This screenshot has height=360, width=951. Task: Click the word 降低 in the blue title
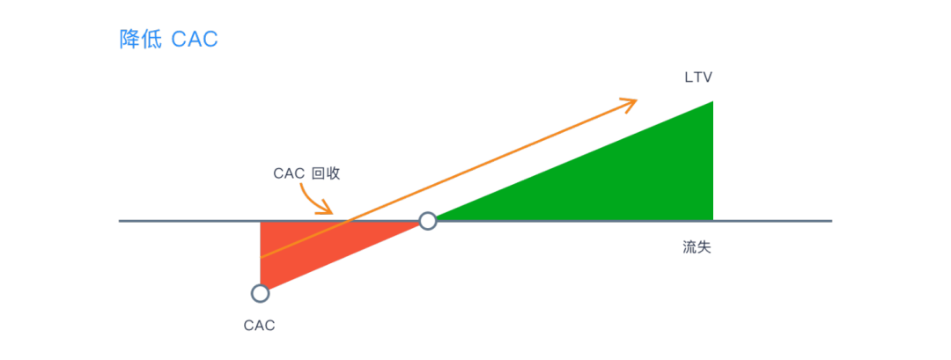tap(140, 40)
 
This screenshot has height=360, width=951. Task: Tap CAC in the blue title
tap(195, 40)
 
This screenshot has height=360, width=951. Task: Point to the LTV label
tap(698, 77)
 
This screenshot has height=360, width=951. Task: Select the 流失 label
tap(697, 247)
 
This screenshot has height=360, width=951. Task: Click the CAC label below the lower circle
tap(259, 326)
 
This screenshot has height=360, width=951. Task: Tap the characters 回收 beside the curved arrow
tap(325, 173)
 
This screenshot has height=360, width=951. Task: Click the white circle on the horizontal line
tap(427, 221)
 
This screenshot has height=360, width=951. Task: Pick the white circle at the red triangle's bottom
tap(260, 293)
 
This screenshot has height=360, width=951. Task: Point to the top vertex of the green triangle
tap(711, 102)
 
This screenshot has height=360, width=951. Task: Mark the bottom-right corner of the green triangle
tap(711, 219)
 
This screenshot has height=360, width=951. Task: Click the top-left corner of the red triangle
tap(261, 222)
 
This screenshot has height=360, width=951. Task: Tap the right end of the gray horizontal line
tap(830, 220)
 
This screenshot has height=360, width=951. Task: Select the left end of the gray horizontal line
tap(121, 220)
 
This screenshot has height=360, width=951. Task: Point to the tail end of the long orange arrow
tap(261, 257)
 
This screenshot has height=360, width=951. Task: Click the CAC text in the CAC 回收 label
tap(288, 173)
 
